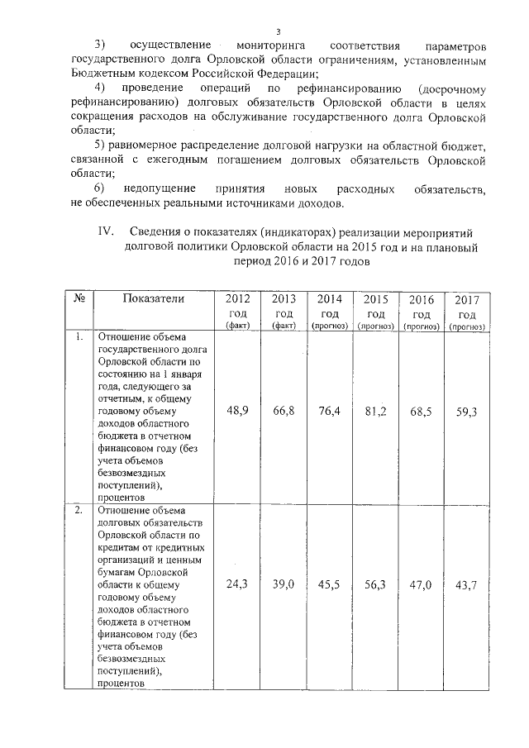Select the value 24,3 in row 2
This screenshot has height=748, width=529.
pyautogui.click(x=238, y=584)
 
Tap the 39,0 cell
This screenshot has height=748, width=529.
pyautogui.click(x=284, y=584)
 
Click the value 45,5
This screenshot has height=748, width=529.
pyautogui.click(x=329, y=584)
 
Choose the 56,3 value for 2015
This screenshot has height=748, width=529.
pyautogui.click(x=375, y=584)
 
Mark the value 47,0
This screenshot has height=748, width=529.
pyautogui.click(x=422, y=584)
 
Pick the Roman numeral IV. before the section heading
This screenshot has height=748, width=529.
pyautogui.click(x=103, y=231)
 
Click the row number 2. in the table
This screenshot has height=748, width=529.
pyautogui.click(x=79, y=510)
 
